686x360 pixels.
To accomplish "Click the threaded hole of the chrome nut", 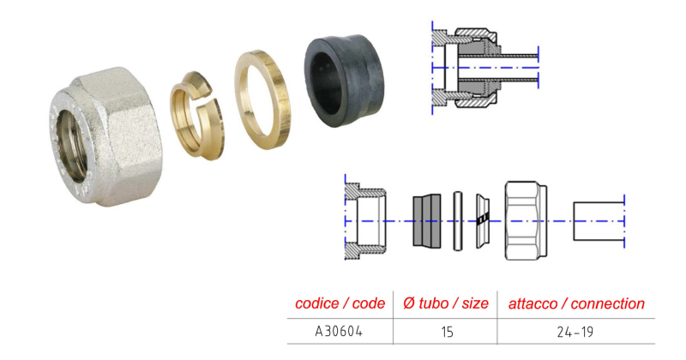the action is [x=72, y=145].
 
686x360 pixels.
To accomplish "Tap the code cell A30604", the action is [x=339, y=331].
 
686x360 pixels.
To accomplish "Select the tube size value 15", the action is [x=447, y=332].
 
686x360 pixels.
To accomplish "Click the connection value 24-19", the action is [x=575, y=332].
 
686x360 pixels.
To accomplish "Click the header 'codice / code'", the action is [x=340, y=303].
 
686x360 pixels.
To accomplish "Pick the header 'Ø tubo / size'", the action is [x=445, y=303].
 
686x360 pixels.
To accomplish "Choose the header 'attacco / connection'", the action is [x=576, y=303].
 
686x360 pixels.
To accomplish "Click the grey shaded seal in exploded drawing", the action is [x=426, y=221].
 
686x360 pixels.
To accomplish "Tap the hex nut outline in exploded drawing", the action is [x=526, y=221].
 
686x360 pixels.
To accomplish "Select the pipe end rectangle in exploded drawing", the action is [x=599, y=221].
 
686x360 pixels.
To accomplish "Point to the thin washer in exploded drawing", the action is [x=458, y=221].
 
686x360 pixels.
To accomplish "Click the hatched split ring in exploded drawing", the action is [x=483, y=221].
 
